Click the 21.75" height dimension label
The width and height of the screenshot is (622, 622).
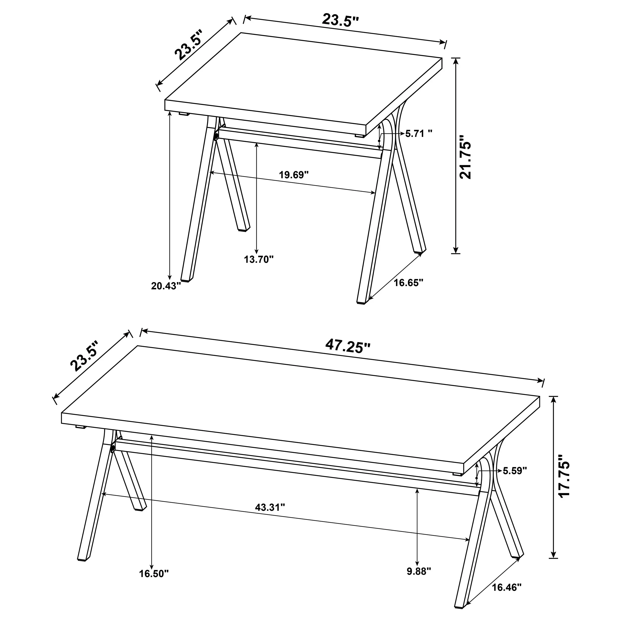(466, 157)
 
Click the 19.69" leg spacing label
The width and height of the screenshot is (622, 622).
(294, 175)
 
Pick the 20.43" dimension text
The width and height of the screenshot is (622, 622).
(166, 286)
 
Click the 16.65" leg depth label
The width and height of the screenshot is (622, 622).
(408, 283)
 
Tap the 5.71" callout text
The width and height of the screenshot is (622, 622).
(418, 133)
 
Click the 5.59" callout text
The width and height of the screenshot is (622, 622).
(515, 471)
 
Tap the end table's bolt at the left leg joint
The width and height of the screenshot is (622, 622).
(216, 137)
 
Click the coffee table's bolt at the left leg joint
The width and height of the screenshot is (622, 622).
(113, 449)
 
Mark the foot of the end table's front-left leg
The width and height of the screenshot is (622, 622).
(187, 279)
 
